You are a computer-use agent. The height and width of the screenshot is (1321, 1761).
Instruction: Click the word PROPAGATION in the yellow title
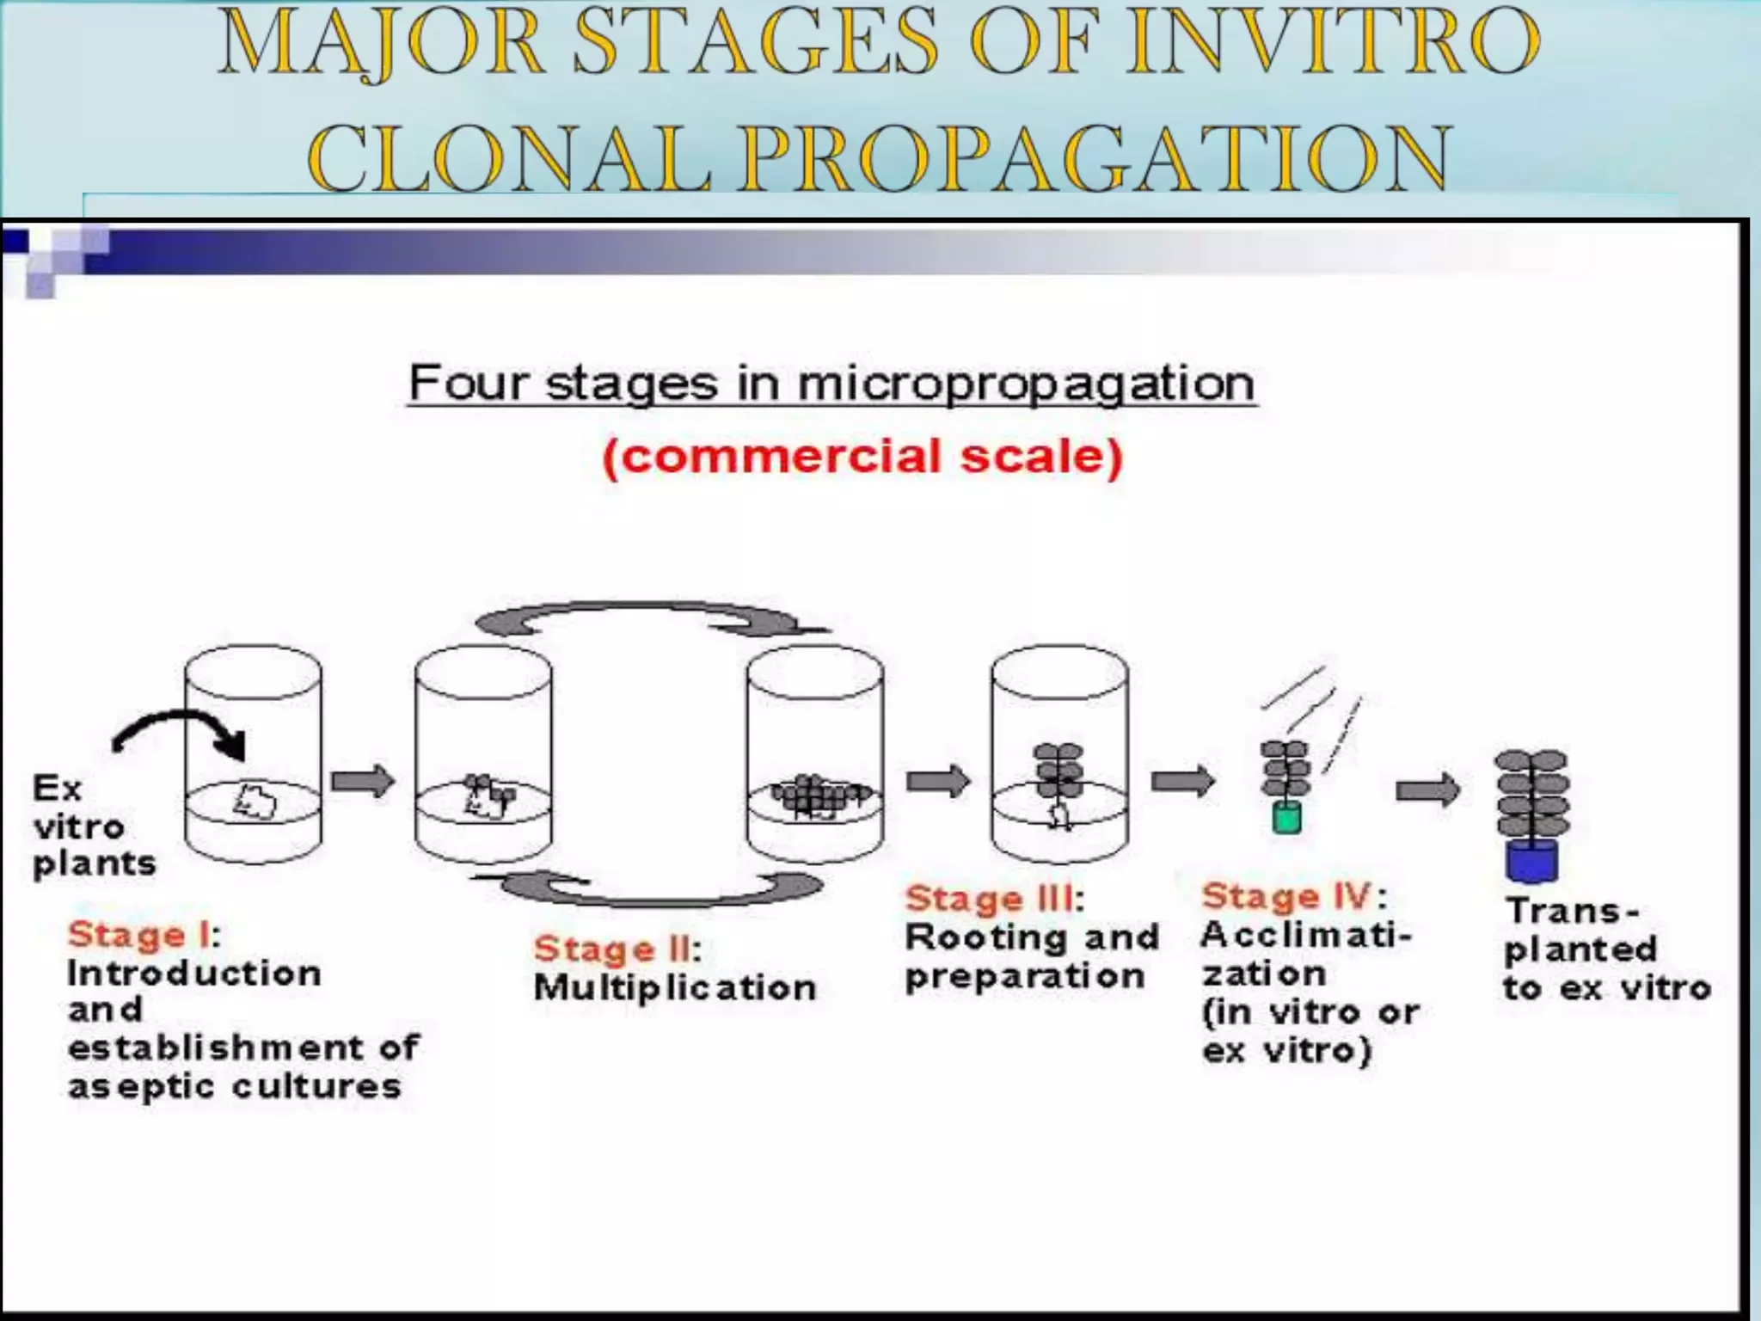click(1096, 158)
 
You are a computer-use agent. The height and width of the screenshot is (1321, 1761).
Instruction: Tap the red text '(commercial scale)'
click(862, 456)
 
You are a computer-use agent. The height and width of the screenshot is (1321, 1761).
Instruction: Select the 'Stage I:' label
click(144, 935)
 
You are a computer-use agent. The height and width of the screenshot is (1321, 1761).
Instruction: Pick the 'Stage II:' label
click(617, 949)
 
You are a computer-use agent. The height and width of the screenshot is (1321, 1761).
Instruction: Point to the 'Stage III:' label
click(994, 899)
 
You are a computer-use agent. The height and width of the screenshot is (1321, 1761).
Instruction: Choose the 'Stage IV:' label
click(1293, 897)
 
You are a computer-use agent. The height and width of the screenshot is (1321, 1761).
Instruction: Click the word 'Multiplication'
click(674, 988)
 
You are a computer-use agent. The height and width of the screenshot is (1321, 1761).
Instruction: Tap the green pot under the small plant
click(1286, 818)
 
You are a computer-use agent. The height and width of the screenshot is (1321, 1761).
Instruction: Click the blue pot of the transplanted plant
click(1531, 861)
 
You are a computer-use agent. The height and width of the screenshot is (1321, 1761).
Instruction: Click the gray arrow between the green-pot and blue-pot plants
click(1427, 790)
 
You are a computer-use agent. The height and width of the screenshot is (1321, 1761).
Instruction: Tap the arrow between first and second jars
click(363, 781)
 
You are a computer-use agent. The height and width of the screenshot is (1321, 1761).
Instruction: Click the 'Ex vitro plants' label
click(93, 826)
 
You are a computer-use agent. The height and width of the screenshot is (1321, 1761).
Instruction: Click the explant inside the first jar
click(255, 802)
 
